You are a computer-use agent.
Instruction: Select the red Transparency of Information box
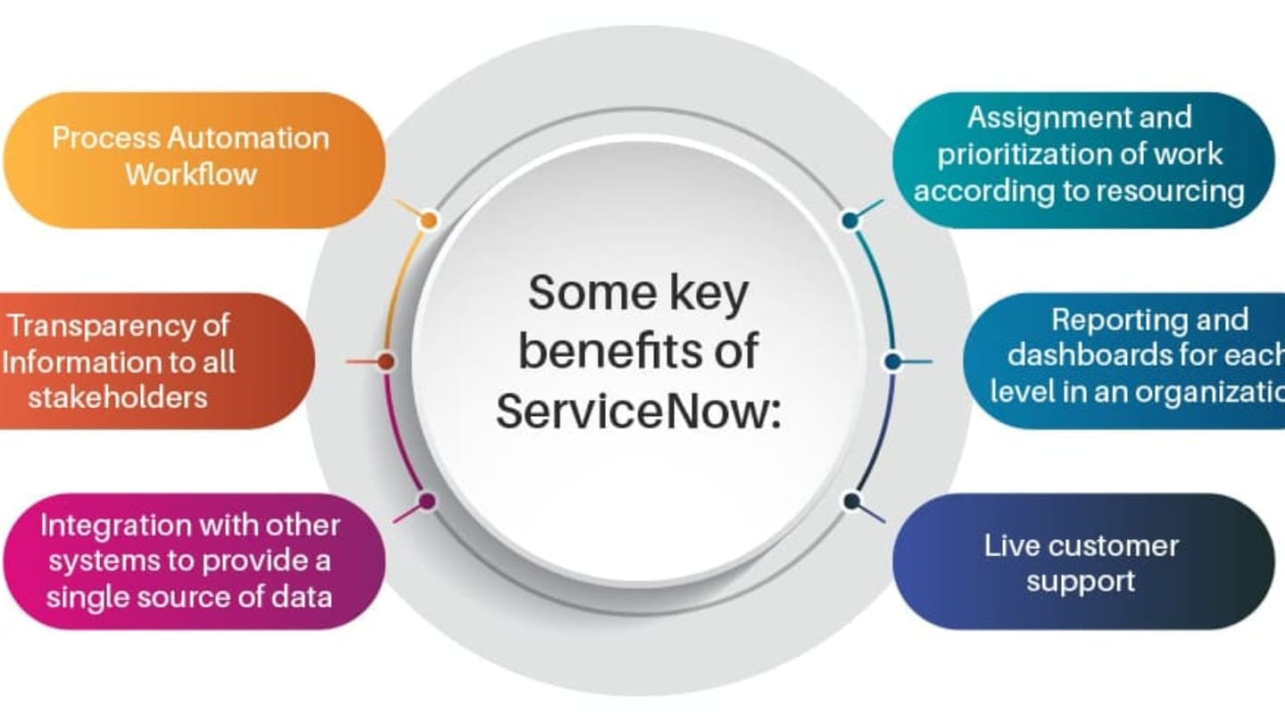[152, 361]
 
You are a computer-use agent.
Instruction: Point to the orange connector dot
[428, 220]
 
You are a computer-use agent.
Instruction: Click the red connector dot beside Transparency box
[386, 361]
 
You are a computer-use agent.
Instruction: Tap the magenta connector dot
[427, 502]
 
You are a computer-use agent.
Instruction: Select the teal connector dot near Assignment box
[850, 220]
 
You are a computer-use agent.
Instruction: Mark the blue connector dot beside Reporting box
[892, 361]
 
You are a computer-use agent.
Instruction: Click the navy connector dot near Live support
[851, 502]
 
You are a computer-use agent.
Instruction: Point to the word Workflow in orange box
[190, 174]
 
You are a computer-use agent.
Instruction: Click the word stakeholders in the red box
[118, 396]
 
